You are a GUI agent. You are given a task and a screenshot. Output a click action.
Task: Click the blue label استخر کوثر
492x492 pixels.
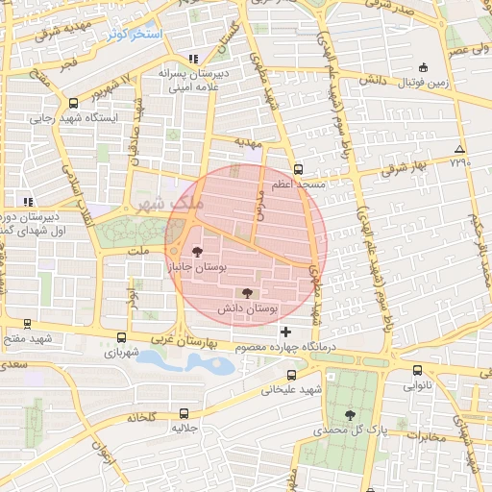(136, 34)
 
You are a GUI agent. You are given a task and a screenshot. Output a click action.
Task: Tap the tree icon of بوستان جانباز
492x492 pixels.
(198, 252)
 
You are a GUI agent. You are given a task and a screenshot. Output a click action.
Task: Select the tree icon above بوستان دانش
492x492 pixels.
(248, 292)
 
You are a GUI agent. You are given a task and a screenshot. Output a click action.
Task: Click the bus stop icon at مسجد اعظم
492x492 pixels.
(298, 167)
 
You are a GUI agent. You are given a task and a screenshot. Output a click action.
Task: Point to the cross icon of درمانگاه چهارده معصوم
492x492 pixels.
(285, 332)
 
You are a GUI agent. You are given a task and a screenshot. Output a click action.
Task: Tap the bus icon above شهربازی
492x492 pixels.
(121, 337)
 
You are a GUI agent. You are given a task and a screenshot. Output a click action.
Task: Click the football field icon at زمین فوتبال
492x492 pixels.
(424, 68)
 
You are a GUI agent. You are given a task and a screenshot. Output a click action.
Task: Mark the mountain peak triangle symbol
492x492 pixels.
(460, 149)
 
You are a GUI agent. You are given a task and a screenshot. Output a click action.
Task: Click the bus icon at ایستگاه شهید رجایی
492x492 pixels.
(74, 104)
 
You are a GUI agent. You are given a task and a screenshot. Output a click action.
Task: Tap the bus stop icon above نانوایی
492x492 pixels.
(416, 370)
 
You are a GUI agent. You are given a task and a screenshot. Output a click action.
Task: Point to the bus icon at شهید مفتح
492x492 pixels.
(25, 325)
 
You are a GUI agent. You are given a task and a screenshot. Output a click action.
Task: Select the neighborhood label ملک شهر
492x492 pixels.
(166, 204)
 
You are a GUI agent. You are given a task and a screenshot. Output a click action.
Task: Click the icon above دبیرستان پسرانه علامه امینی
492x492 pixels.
(195, 58)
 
